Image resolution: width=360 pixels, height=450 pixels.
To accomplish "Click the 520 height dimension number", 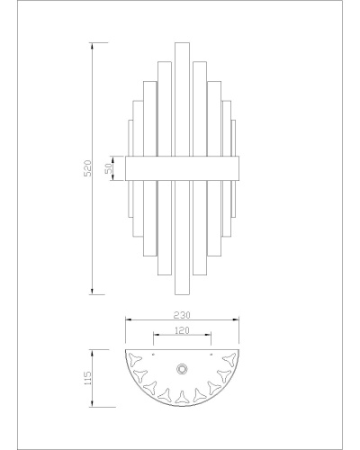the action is click(x=87, y=168).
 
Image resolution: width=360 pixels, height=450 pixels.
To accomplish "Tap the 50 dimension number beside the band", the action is click(x=109, y=168).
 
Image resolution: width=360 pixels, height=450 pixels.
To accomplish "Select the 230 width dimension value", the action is click(x=182, y=315).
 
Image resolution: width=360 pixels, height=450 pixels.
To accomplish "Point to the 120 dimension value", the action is click(x=182, y=330).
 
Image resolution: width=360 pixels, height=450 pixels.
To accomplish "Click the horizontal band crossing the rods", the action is click(x=182, y=168).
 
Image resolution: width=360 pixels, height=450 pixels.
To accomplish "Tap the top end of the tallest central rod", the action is click(x=182, y=43).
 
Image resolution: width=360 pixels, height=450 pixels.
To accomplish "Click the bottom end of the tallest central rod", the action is click(x=182, y=294).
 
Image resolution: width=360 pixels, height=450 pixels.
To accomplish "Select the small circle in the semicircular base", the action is click(x=182, y=369).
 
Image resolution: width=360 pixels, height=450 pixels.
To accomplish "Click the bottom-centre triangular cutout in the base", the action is click(x=182, y=397).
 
